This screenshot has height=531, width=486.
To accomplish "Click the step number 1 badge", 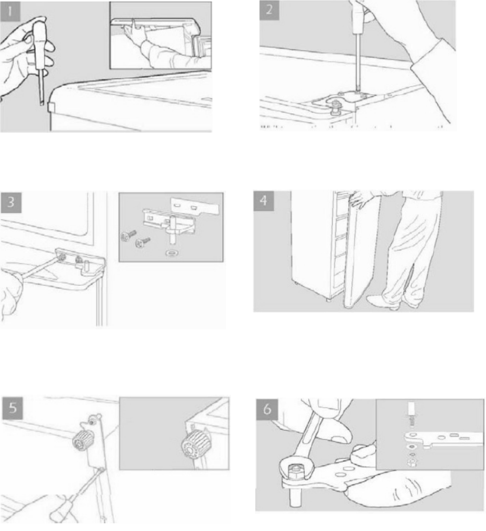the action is coord(10,11).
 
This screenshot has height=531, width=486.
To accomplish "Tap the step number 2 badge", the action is coord(269,10).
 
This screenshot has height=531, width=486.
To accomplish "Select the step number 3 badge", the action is coord(11,203).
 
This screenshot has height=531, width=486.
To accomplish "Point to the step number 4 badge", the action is coord(263,201).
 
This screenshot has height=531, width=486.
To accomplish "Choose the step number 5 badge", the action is coord(13,407).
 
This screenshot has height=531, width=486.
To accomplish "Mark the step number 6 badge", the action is coord(267,410).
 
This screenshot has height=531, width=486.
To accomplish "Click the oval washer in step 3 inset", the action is coord(172,252).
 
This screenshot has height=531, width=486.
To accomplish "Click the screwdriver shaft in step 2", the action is coord(357,61).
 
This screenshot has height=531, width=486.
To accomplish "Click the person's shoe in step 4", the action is coord(379,301).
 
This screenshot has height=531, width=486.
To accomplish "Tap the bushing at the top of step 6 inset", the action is coord(412,410).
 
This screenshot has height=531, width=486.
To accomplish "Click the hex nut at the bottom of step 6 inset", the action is coord(412,464).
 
